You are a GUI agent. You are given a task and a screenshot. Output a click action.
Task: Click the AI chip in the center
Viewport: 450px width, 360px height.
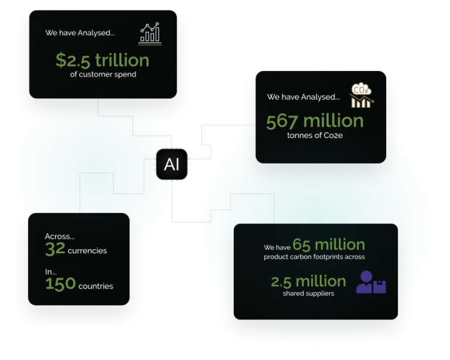point(172,164)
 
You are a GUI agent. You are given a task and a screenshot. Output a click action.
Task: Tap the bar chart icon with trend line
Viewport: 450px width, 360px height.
point(150,33)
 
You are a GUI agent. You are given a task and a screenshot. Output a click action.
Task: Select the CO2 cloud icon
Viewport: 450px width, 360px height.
point(362,96)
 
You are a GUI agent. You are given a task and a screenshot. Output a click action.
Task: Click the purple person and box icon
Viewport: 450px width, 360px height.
point(371,282)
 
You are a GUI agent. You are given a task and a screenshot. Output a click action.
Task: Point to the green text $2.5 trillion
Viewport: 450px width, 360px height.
point(103,60)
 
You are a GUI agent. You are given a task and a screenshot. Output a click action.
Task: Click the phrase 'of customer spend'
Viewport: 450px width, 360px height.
point(103,74)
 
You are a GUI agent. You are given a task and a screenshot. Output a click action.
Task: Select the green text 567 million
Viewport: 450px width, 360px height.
point(315,121)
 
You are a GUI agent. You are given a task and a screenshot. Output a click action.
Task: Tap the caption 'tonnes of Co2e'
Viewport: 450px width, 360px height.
point(315,135)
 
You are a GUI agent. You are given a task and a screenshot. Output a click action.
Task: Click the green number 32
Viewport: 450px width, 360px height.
point(55,249)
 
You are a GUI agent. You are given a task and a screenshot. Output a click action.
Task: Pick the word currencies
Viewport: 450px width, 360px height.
point(87,250)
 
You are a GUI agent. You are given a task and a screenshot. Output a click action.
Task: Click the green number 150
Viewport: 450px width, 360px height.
point(60,284)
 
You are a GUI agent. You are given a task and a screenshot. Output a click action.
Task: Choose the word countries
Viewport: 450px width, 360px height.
point(96,286)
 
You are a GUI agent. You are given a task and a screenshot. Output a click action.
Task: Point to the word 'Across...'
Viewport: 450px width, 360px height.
point(60,236)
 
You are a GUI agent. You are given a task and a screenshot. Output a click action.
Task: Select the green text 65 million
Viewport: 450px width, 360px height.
point(329,244)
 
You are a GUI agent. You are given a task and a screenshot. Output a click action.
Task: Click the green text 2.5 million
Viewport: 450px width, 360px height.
point(308,281)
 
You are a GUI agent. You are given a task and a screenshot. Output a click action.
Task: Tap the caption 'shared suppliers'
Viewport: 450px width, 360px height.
point(308,293)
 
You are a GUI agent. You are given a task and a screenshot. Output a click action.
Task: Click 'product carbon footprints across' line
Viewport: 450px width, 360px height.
point(314,257)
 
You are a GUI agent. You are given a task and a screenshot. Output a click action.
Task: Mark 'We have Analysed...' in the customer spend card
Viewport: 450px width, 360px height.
point(80,33)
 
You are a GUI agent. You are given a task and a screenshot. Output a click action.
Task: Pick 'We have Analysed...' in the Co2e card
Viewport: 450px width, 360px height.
point(304,97)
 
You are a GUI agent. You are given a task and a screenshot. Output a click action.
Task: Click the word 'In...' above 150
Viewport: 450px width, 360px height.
point(51,272)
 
